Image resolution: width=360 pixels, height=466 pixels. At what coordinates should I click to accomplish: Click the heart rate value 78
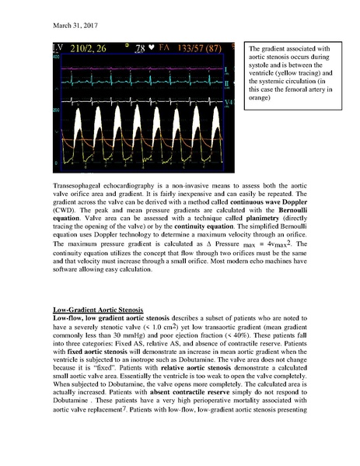(x=140, y=51)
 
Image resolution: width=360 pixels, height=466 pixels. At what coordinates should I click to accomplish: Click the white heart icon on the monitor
(x=152, y=51)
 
